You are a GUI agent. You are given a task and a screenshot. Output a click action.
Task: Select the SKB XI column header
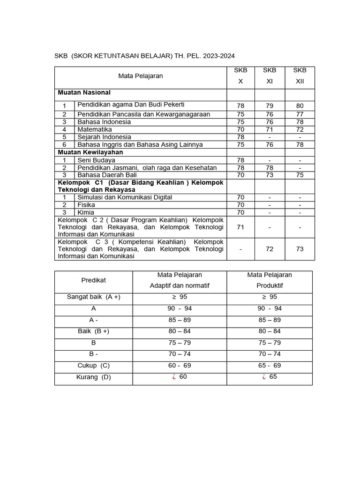point(270,75)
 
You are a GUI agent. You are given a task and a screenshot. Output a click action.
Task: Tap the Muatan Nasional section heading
point(84,93)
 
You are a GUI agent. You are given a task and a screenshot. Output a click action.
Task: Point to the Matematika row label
point(94,129)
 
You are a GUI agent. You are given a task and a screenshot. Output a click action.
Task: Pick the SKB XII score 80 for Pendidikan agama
point(300,106)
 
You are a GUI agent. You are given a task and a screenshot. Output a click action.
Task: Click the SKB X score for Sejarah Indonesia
point(240,137)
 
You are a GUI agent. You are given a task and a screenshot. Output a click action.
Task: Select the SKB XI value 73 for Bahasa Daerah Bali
point(270,175)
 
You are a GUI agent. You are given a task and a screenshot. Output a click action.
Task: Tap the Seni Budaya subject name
point(96,160)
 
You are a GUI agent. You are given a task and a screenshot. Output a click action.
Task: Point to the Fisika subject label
point(86,205)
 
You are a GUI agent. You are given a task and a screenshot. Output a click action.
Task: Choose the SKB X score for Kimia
point(240,212)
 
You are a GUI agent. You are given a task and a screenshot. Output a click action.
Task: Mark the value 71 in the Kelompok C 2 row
point(240,227)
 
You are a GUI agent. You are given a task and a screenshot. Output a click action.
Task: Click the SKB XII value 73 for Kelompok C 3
point(300,249)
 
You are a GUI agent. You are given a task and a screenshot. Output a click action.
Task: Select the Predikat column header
point(94,280)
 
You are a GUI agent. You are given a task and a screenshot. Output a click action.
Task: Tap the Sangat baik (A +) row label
point(94,297)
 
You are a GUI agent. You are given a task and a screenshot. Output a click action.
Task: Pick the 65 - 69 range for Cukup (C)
point(270,365)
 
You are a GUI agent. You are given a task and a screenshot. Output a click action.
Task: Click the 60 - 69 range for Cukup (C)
point(180,365)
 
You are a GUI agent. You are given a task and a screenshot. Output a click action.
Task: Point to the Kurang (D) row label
point(94,377)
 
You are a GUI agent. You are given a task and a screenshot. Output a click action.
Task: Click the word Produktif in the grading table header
point(270,285)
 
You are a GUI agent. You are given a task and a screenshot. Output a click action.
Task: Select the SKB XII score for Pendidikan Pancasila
point(300,114)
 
